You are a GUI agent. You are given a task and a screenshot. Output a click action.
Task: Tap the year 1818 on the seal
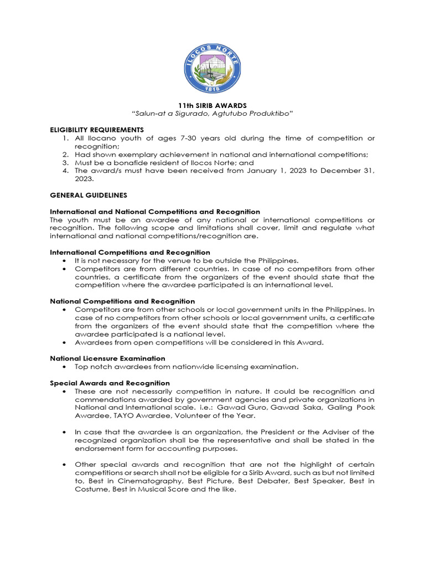click(x=212, y=88)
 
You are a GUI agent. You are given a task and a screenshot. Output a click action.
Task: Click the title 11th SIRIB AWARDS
click(x=212, y=105)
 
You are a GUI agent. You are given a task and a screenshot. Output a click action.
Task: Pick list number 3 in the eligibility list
click(x=65, y=163)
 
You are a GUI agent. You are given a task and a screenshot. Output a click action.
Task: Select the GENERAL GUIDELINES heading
click(x=89, y=195)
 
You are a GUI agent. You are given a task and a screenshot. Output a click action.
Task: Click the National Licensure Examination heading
click(x=107, y=358)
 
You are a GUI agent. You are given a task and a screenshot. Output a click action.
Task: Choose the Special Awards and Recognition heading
click(x=110, y=383)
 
